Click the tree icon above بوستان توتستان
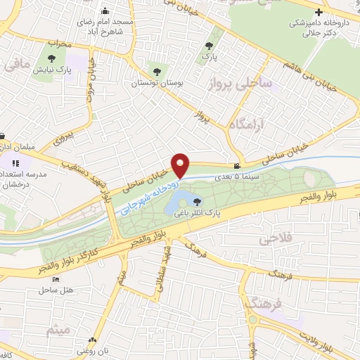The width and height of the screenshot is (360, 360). point(156,71)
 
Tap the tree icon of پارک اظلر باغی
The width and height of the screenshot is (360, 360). point(196,202)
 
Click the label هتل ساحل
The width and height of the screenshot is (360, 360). point(53,290)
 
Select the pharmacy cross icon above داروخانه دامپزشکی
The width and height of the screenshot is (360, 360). point(319,12)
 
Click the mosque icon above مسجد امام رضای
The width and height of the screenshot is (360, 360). point(105,11)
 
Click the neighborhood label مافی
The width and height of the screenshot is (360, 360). point(18,66)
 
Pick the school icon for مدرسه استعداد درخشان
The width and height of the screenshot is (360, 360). point(13,163)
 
